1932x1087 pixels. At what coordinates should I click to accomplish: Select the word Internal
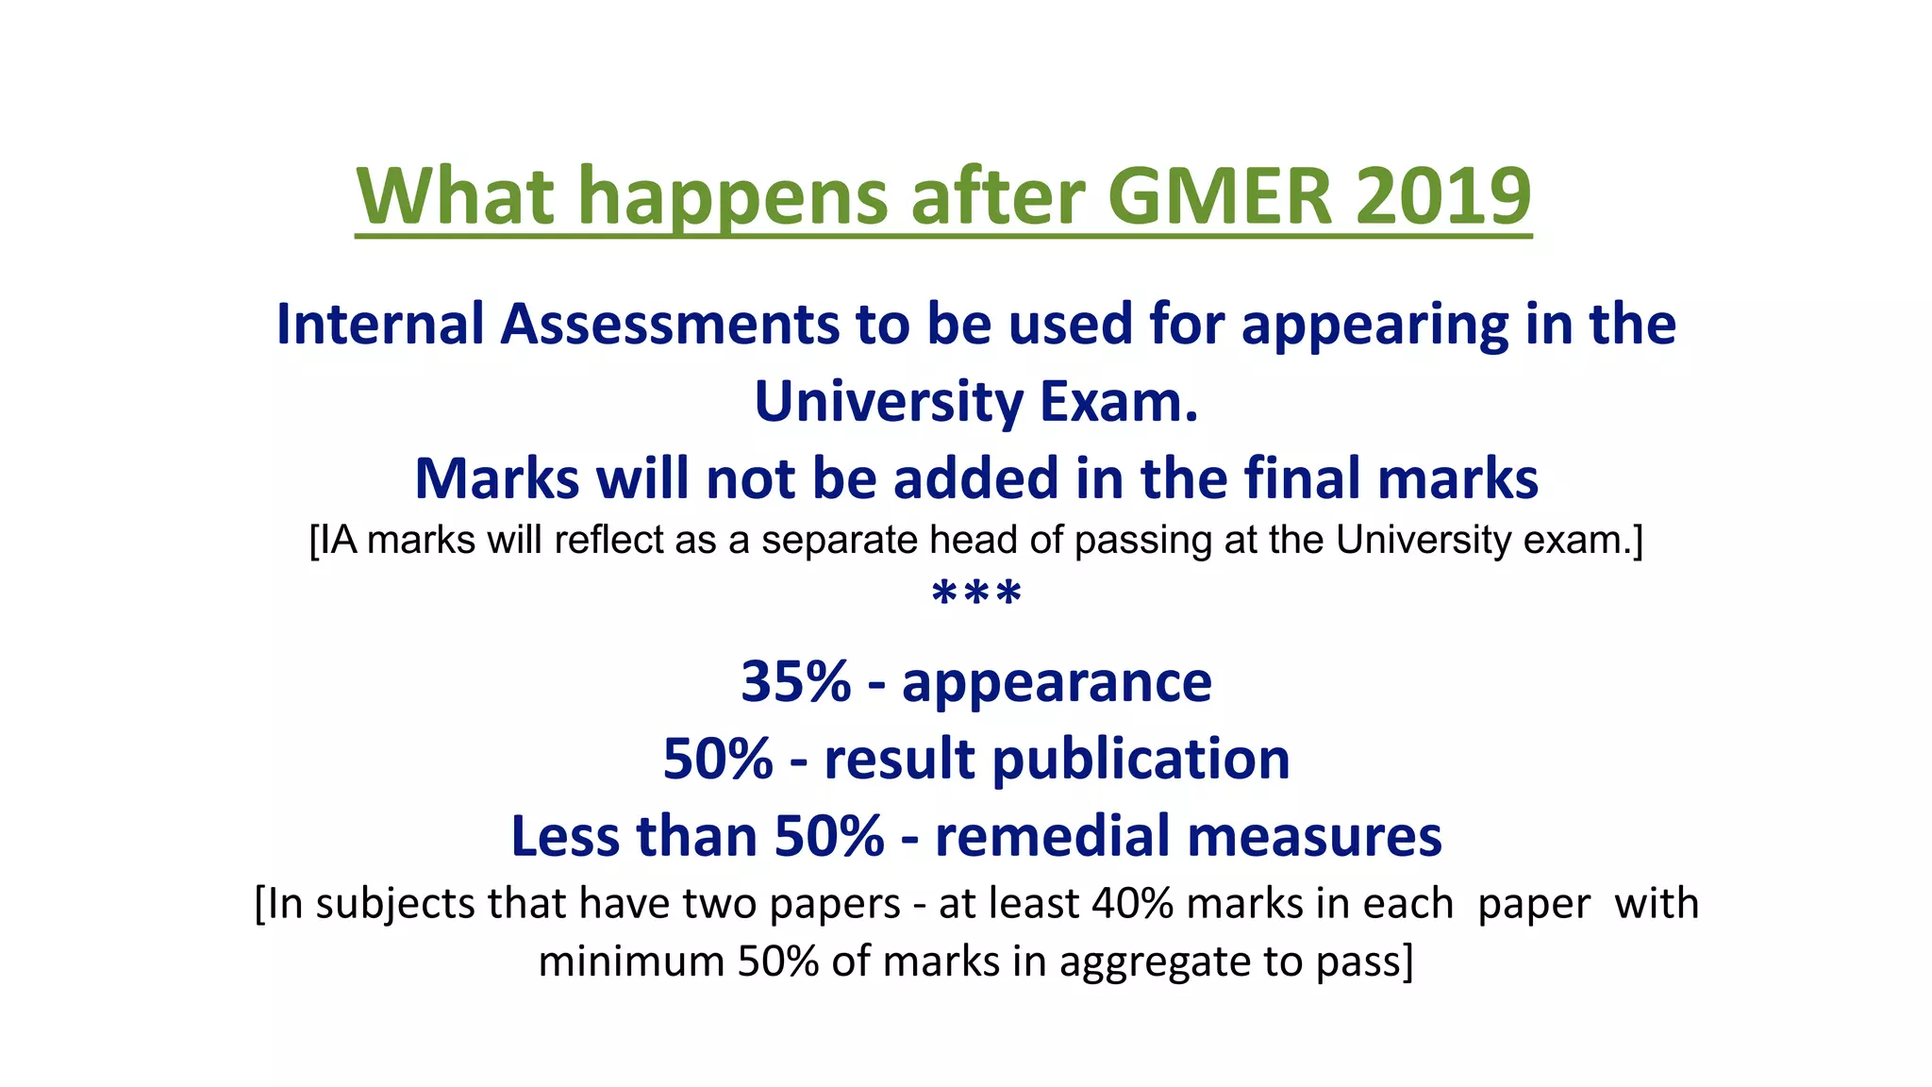pyautogui.click(x=379, y=324)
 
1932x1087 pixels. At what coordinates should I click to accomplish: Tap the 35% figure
pyautogui.click(x=795, y=681)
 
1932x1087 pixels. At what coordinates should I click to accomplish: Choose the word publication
pyautogui.click(x=1141, y=761)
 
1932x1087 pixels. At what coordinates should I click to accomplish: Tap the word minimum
pyautogui.click(x=631, y=962)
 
